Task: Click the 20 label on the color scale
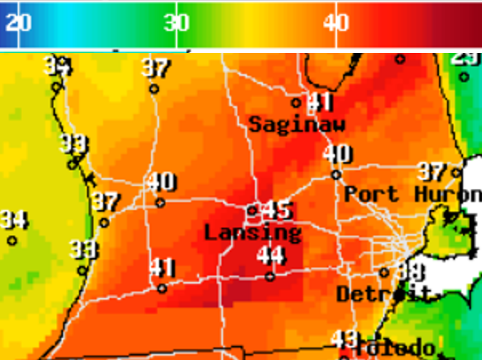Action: [18, 23]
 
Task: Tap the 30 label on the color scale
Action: [177, 23]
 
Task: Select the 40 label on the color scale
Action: [336, 23]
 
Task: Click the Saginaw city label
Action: [297, 125]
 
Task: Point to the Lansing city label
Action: [252, 232]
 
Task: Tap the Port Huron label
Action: [413, 194]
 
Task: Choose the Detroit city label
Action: [383, 294]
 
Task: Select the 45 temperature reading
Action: [278, 210]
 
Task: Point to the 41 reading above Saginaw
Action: [320, 103]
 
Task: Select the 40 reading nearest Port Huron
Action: [337, 154]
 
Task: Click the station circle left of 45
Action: [252, 210]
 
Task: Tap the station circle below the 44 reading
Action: [270, 276]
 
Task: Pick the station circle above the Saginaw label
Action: [296, 103]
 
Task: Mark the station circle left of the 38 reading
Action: [384, 272]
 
